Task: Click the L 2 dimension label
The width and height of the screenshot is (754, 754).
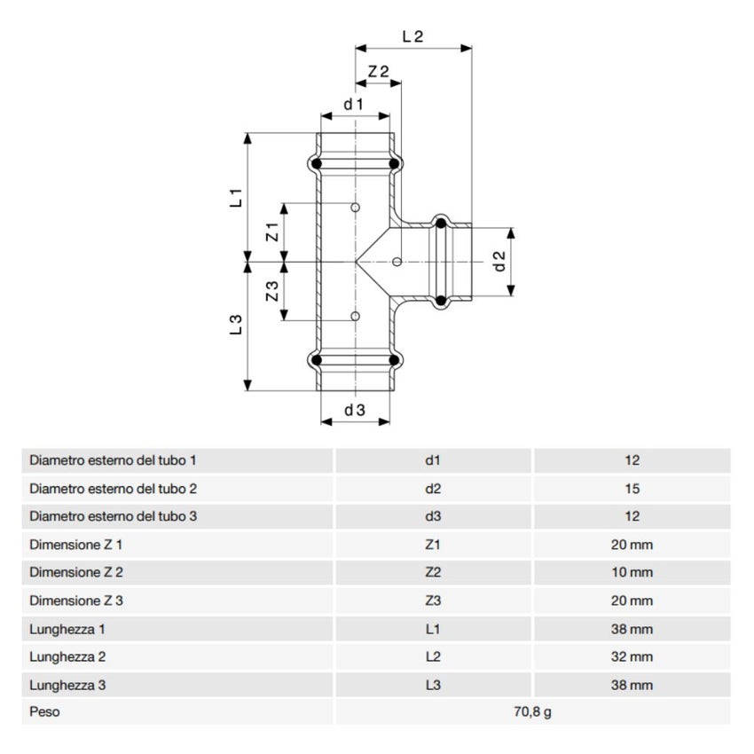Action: pos(412,36)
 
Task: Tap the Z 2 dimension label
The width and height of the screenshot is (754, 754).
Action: pos(379,71)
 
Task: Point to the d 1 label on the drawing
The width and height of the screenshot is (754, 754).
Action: pos(354,105)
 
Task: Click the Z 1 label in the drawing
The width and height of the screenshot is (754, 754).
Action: pos(273,232)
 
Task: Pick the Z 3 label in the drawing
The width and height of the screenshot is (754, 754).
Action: pos(273,291)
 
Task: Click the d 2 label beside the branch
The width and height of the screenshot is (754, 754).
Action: pos(499,261)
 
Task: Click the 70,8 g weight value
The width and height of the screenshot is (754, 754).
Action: pos(532,712)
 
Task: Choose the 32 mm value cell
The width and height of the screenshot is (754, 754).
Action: pos(632,657)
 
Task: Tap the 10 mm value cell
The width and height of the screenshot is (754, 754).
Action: pos(632,573)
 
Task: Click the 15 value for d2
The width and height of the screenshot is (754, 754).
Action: pos(632,489)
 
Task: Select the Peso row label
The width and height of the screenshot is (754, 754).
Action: pos(44,712)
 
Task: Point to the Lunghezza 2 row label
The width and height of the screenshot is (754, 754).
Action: pos(67,657)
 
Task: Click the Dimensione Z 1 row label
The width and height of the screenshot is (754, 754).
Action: pos(76,545)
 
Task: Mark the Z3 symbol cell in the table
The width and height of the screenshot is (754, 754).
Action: pos(433,601)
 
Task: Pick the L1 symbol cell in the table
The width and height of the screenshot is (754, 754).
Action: pos(433,630)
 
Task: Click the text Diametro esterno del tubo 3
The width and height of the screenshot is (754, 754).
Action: pos(113,516)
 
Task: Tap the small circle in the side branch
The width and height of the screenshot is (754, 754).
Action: pos(396,262)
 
